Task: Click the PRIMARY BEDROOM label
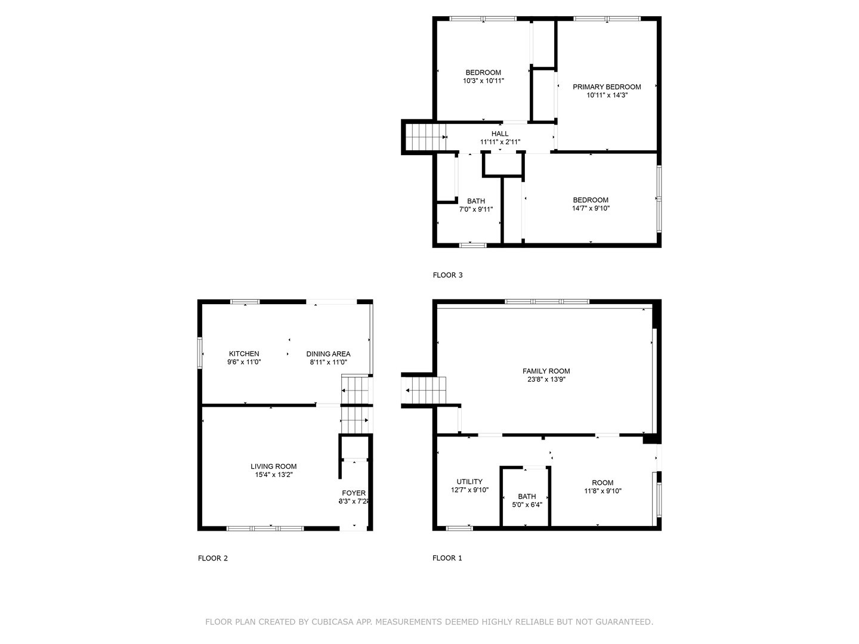[607, 87]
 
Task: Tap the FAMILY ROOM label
[546, 371]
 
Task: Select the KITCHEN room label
[244, 354]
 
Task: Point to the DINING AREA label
[328, 354]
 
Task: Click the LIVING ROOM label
[273, 466]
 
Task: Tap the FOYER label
[354, 493]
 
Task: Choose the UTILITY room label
[469, 482]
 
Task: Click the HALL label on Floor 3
[500, 134]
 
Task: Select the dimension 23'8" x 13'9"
[546, 379]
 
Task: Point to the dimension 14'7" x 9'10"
[591, 209]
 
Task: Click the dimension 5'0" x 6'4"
[527, 504]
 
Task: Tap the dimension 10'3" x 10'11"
[483, 80]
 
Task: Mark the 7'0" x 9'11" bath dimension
[475, 209]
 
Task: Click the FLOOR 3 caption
[447, 275]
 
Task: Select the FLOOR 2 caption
[213, 558]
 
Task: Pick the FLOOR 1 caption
[447, 558]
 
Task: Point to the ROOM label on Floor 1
[602, 483]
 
